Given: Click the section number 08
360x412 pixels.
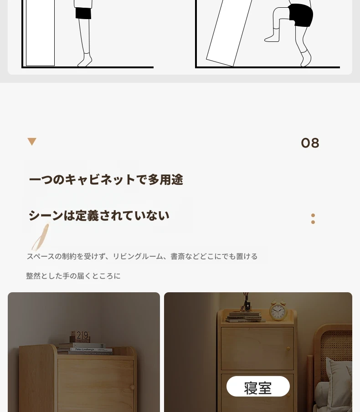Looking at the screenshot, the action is click(x=310, y=143).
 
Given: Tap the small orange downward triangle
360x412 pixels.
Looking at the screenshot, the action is click(x=32, y=142).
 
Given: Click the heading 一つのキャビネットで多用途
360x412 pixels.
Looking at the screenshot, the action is click(x=106, y=180).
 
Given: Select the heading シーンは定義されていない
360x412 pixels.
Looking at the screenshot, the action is click(x=99, y=215).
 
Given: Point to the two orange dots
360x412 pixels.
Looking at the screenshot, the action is click(x=313, y=219).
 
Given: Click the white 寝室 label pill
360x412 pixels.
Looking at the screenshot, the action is click(x=258, y=386).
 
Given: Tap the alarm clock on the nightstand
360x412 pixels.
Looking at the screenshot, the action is click(x=278, y=310).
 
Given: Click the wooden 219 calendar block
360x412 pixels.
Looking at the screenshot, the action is click(x=80, y=336).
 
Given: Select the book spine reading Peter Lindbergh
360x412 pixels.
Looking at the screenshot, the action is click(x=91, y=350).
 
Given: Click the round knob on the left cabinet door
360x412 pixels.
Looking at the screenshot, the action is click(x=132, y=387).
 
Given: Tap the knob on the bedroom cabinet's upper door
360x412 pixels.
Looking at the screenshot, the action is click(x=288, y=349).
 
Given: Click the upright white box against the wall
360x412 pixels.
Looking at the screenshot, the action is click(x=40, y=33).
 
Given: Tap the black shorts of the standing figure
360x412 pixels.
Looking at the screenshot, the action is click(x=83, y=13).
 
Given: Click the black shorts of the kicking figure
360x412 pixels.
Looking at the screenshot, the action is click(x=301, y=15).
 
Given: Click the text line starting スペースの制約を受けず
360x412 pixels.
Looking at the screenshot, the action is click(x=142, y=256).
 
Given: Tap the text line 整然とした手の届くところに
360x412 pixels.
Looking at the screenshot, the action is click(x=73, y=276).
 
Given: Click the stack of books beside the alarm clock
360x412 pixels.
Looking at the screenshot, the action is click(x=245, y=317).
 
